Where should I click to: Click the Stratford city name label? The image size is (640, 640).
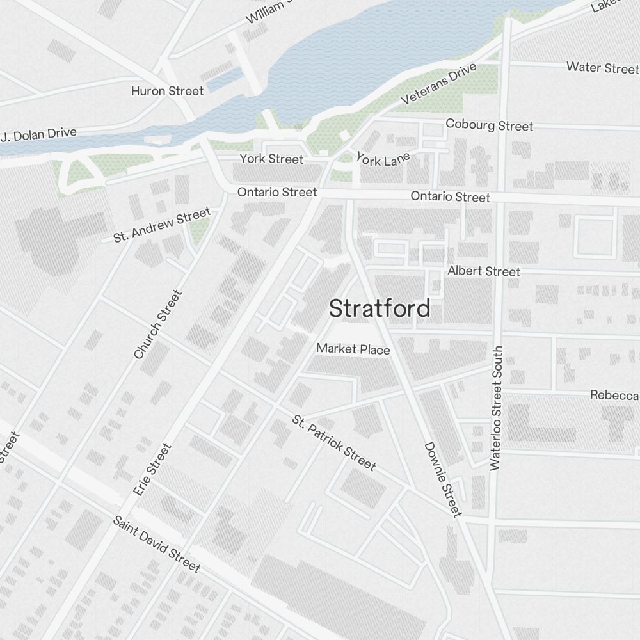(380, 309)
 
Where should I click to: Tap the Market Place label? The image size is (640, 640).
(353, 349)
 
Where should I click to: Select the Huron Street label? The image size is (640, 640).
(167, 91)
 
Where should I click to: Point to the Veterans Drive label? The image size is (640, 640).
(439, 84)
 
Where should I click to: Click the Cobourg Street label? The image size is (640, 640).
(489, 125)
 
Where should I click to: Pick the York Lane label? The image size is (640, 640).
(383, 159)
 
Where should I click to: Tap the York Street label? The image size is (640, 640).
(271, 159)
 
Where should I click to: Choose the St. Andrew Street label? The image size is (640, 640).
(162, 225)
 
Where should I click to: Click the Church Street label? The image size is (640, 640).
(158, 324)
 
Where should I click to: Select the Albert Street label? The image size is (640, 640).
(484, 271)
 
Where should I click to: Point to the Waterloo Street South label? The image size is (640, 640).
(497, 408)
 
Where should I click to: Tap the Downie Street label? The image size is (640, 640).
(442, 479)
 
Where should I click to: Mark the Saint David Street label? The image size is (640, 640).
(157, 544)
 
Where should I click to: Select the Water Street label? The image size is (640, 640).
(602, 67)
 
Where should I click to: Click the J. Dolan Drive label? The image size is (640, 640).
(39, 135)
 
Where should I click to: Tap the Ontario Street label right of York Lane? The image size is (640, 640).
(451, 196)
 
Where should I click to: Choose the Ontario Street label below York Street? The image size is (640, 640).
(277, 192)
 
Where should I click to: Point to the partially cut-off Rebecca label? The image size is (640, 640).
(614, 395)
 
